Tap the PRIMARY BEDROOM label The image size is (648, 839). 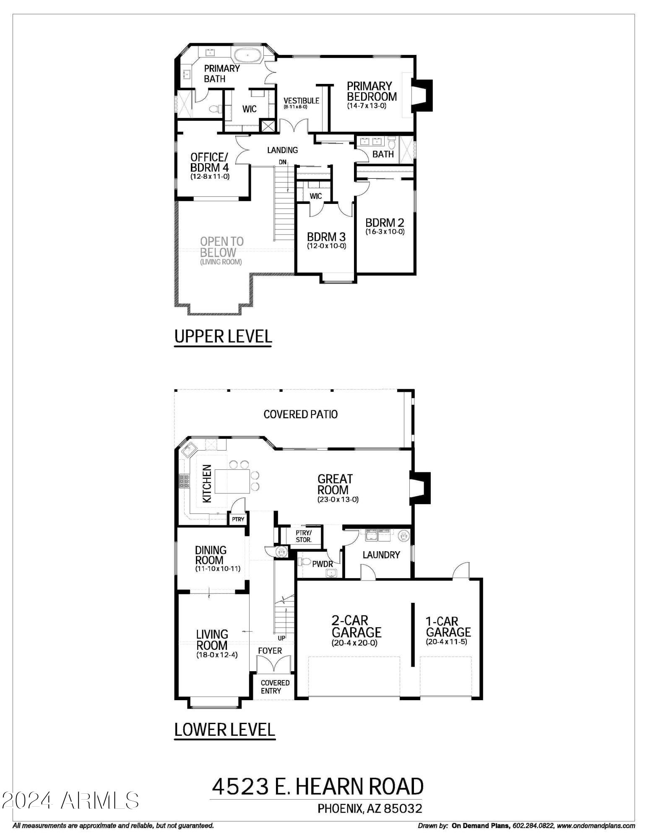(372, 91)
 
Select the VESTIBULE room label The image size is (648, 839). (301, 101)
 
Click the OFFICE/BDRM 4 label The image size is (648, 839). (210, 162)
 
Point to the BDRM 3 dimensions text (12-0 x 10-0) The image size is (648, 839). (327, 246)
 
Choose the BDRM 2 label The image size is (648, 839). (385, 222)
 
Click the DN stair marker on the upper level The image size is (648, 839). (283, 162)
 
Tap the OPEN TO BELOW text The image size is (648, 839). (221, 247)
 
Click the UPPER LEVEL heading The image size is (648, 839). (223, 336)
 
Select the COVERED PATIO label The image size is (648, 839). (301, 414)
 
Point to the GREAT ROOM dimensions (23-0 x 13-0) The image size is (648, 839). (338, 500)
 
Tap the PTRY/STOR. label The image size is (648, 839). (304, 536)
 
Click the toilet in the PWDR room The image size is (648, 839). (304, 562)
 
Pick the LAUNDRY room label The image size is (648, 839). (381, 555)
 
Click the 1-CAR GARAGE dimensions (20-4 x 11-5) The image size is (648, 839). (446, 642)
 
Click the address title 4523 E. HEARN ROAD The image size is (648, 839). (317, 787)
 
